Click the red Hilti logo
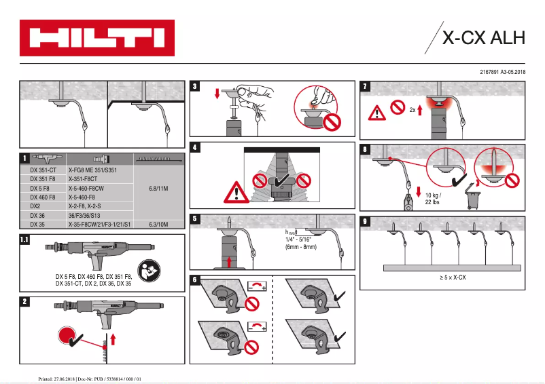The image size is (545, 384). coord(96,38)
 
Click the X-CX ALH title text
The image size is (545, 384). coord(483,38)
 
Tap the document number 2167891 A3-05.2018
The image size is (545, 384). coord(503,71)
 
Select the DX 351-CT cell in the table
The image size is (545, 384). coord(44,170)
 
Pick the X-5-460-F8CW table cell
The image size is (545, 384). coord(86,188)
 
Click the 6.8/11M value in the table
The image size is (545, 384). coord(158,188)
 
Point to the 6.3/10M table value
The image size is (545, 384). coord(158,223)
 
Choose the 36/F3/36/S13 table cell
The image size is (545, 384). coord(84,214)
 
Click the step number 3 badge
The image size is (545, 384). coord(196,87)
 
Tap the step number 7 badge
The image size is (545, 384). coord(366,87)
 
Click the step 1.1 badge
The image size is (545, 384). coord(25,239)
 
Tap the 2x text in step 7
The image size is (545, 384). coord(412,109)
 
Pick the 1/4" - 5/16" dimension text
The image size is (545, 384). coord(301,239)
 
